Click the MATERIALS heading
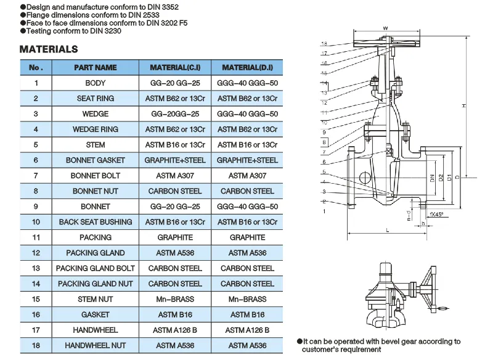click(49, 49)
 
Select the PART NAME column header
click(95, 67)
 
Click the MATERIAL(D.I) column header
click(247, 67)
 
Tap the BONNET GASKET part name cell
click(95, 160)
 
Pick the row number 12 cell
click(36, 253)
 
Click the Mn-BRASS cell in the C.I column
click(176, 299)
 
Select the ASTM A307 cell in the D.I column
click(247, 176)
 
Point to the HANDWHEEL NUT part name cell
click(95, 346)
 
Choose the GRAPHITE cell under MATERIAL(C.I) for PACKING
click(176, 237)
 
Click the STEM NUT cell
click(95, 299)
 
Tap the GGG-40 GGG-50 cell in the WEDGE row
click(247, 114)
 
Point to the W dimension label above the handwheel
click(385, 28)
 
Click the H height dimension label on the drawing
click(463, 106)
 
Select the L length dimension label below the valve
click(387, 230)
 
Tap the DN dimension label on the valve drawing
click(431, 178)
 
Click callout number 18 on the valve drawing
click(324, 43)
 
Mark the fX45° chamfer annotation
click(436, 215)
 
